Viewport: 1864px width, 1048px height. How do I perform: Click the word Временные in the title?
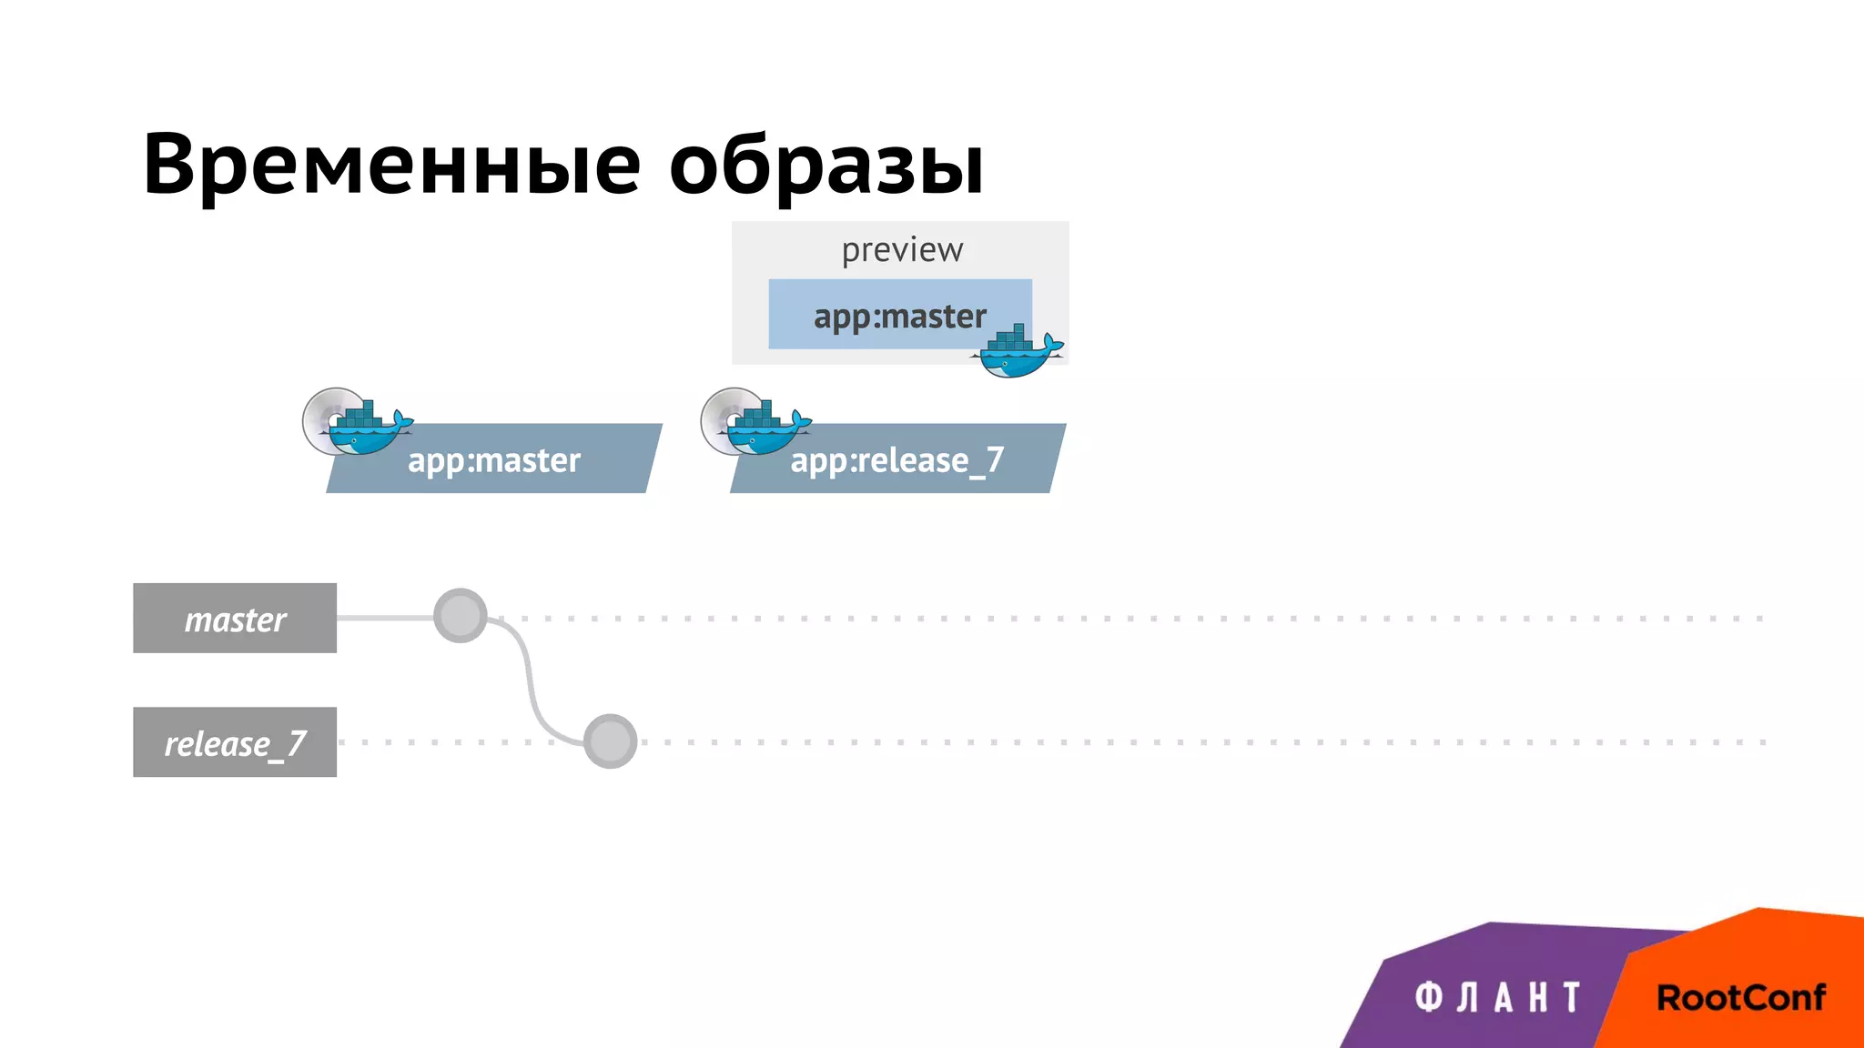click(391, 166)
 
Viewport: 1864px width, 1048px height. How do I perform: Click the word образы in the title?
click(826, 166)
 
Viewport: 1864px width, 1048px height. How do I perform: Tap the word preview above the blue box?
click(901, 250)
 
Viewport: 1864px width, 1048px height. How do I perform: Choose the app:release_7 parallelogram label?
click(897, 460)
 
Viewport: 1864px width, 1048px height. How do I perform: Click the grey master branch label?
click(235, 619)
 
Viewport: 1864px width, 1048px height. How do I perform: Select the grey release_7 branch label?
click(235, 742)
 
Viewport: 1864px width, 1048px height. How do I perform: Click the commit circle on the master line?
click(461, 616)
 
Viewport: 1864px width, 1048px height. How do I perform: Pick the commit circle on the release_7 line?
click(610, 741)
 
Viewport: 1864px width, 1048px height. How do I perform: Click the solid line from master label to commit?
click(384, 618)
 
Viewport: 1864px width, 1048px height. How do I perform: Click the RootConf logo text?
click(1740, 998)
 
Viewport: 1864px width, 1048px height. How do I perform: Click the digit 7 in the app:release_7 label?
click(995, 459)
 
